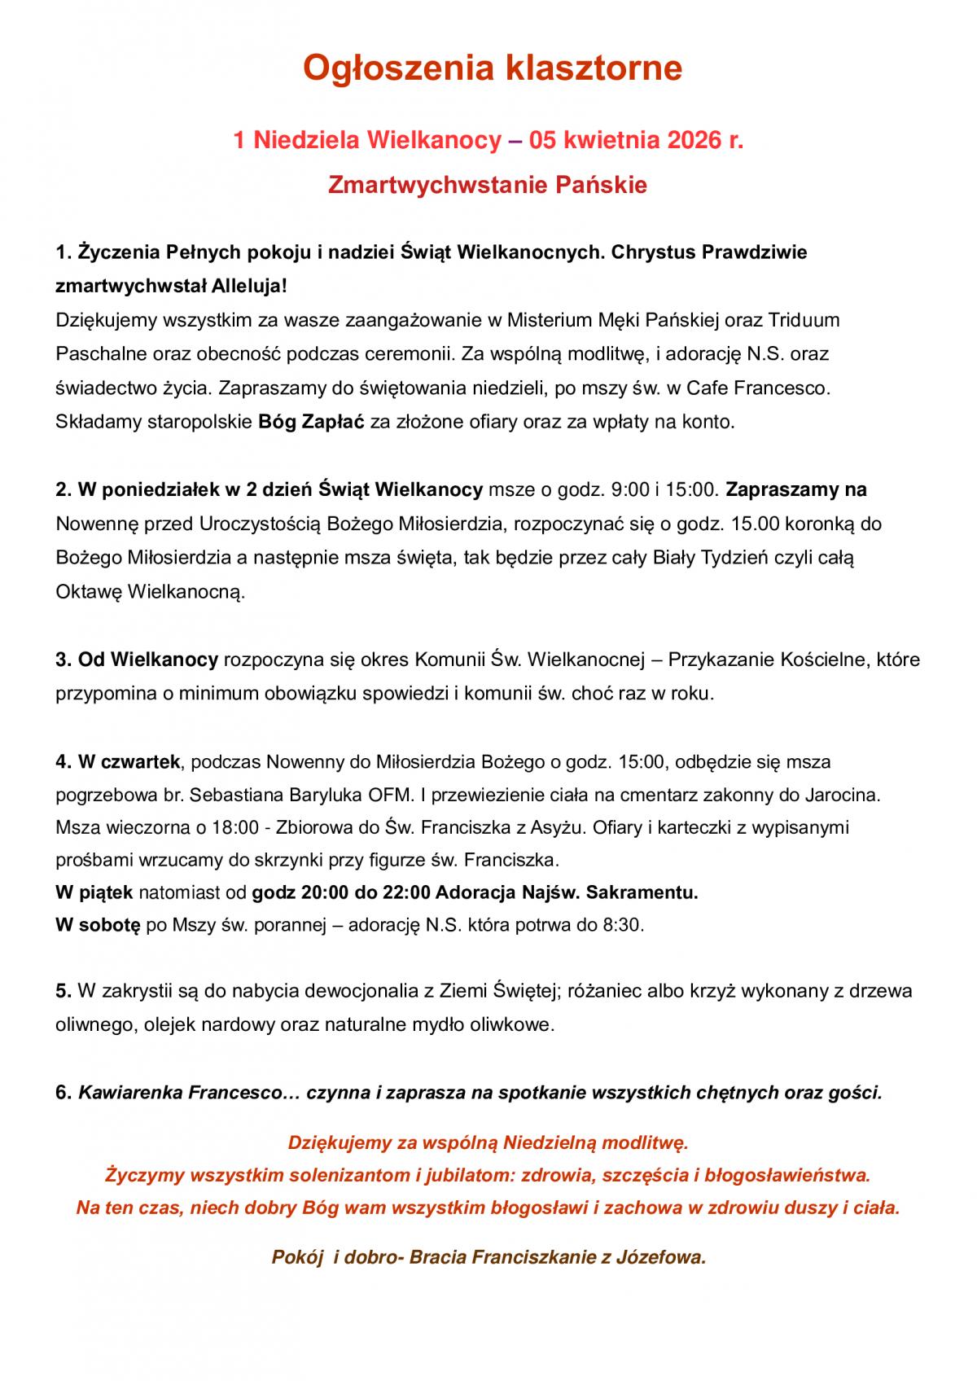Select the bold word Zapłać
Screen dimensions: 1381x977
337,422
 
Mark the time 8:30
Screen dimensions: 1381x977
624,925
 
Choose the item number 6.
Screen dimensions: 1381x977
64,1093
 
